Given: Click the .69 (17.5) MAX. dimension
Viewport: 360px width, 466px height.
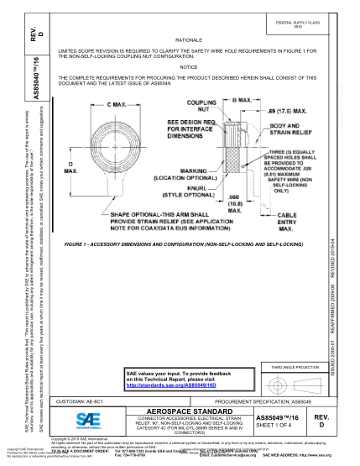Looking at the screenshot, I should click(279, 110).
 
